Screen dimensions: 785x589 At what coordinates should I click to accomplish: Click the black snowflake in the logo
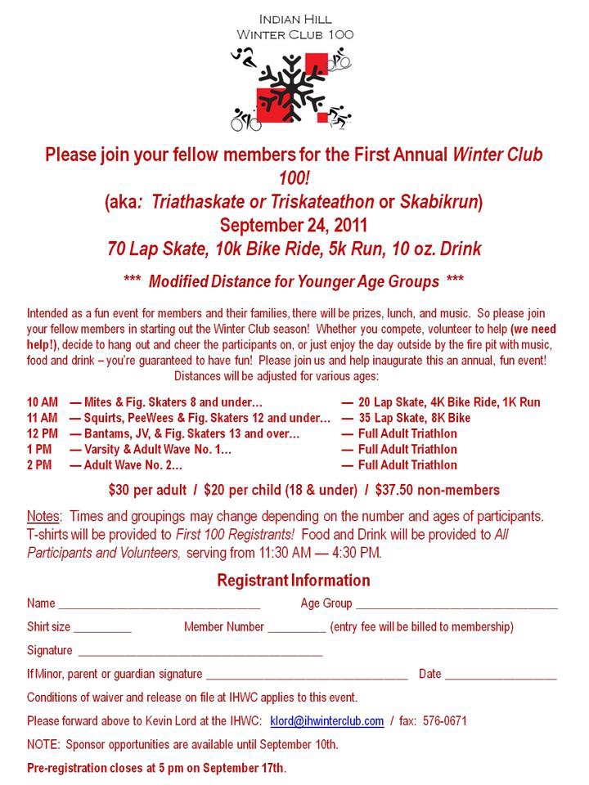(x=291, y=87)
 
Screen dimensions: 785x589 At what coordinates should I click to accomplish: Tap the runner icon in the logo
(x=242, y=56)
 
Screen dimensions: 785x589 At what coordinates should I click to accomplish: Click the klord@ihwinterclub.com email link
(x=326, y=721)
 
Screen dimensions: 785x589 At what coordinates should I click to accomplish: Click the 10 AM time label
(x=43, y=402)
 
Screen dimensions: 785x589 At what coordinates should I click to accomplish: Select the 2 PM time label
(x=39, y=464)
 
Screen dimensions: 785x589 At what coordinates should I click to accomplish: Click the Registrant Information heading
(x=293, y=581)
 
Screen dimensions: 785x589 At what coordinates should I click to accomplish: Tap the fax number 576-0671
(x=445, y=721)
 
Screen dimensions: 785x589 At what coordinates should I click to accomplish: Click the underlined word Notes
(x=43, y=517)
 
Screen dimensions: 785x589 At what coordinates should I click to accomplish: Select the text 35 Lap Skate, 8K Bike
(x=415, y=418)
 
